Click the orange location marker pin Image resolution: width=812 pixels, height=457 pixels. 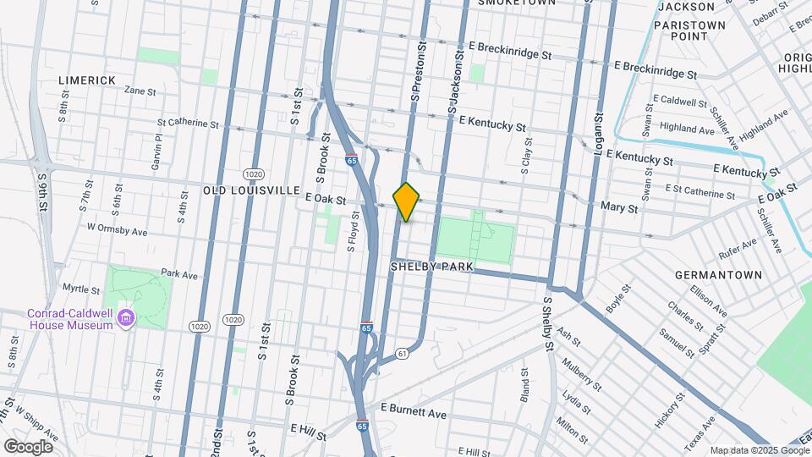click(407, 201)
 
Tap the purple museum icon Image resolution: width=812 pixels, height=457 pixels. click(126, 319)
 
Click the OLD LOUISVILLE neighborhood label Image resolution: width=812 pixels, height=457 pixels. click(251, 190)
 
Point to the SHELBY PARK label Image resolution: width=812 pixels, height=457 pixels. click(431, 267)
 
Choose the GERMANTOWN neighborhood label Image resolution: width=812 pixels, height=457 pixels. click(718, 275)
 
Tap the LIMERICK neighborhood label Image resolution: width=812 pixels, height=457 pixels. click(87, 80)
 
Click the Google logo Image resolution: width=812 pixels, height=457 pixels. click(27, 446)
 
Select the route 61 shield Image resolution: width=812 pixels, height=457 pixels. click(402, 352)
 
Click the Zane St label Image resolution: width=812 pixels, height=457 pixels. click(140, 91)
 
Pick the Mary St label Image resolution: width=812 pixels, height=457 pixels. click(617, 206)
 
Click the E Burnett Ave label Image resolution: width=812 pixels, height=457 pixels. click(413, 414)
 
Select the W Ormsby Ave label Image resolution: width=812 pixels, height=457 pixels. click(117, 230)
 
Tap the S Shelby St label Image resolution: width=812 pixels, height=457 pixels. click(548, 322)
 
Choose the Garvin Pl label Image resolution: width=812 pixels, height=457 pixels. click(157, 151)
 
